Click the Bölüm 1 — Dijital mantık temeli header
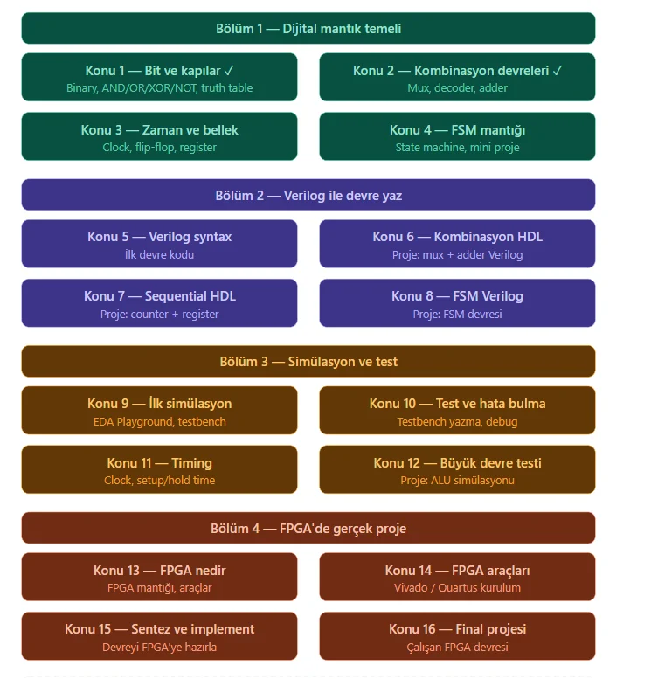tap(308, 28)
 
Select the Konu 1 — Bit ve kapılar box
tap(159, 77)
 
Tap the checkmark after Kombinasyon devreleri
tap(558, 70)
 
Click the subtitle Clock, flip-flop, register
tap(159, 147)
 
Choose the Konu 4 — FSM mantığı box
tap(457, 136)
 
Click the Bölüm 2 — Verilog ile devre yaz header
tap(308, 195)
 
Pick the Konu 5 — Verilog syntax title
tap(159, 237)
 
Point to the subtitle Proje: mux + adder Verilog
tap(457, 254)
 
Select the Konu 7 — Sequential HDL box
tap(159, 303)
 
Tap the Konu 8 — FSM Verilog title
tap(457, 296)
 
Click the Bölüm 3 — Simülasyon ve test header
tap(308, 361)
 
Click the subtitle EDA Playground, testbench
tap(159, 421)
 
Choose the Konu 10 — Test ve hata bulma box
tap(457, 410)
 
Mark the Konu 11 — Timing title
tap(159, 463)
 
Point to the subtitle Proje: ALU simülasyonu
tap(457, 481)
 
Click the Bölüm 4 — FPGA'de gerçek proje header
tap(308, 529)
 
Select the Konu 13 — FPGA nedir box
tap(159, 577)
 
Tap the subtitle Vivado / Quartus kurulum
tap(457, 587)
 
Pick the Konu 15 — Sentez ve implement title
tap(159, 629)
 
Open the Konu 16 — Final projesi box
tap(457, 636)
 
